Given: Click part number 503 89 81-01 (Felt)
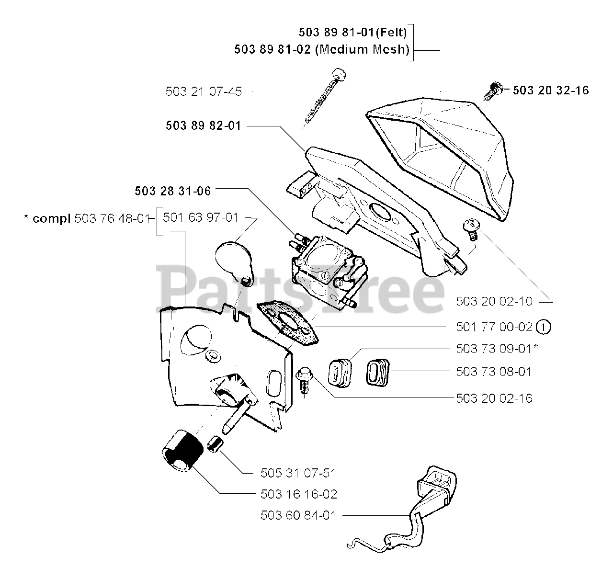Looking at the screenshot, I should coord(352,32).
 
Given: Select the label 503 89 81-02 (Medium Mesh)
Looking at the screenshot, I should coord(322,49).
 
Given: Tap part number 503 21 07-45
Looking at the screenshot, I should coord(204,91).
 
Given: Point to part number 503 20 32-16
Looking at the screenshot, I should coord(551,90).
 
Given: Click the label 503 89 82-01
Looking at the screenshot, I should coord(204,126).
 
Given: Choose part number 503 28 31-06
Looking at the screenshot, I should coord(173,191).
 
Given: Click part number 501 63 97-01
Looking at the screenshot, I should coord(201,217).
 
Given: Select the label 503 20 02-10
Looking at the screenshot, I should coord(494,301).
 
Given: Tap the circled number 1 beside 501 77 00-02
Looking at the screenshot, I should coord(544,327).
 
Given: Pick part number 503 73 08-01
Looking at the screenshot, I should coord(494,372).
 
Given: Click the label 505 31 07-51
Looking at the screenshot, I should coord(298,473).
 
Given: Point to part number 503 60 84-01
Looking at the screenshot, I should coord(298,515).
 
